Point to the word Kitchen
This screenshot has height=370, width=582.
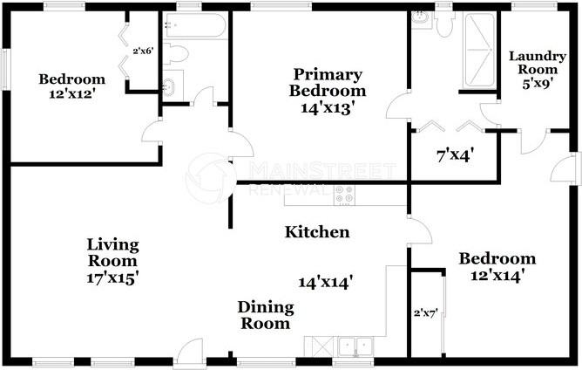[318, 232]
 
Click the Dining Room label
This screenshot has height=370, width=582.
[265, 315]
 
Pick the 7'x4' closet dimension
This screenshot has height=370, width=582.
[454, 157]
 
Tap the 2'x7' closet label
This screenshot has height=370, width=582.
[424, 311]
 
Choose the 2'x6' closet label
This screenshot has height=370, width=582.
[142, 51]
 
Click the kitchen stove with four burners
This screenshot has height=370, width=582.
[344, 197]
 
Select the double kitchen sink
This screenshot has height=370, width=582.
[355, 346]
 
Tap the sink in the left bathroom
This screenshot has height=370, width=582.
[171, 87]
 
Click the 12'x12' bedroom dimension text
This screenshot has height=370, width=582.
[71, 94]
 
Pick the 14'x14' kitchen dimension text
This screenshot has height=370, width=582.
[325, 282]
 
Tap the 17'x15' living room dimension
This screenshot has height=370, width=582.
[112, 278]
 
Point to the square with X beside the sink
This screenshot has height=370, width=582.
[314, 346]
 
